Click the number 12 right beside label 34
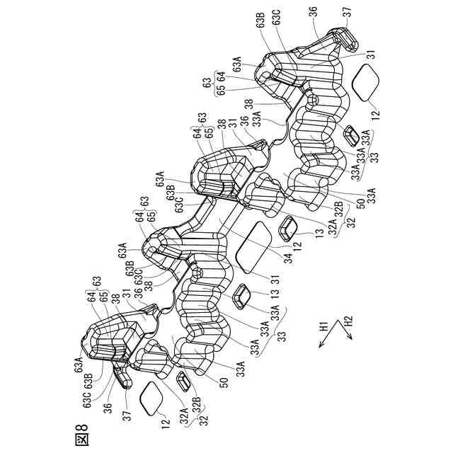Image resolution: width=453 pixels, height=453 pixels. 297,245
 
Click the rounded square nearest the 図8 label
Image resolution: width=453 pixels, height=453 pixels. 151,396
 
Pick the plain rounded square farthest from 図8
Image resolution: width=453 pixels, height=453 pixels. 367,83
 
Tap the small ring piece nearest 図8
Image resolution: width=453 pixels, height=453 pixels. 183,382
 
